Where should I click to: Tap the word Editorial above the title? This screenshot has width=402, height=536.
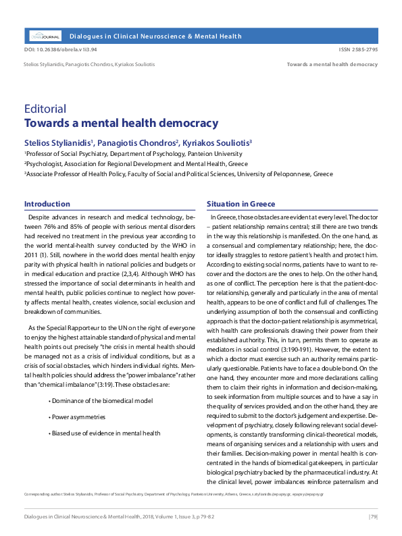[45, 109]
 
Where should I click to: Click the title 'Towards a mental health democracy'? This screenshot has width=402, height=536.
[111, 123]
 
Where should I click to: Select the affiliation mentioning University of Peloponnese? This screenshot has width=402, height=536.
[178, 173]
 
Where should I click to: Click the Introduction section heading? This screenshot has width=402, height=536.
[47, 204]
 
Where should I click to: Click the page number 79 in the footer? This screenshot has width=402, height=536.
[372, 516]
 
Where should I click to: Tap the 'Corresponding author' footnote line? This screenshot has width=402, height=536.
[172, 494]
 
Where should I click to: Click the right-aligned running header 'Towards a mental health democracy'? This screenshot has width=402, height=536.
[332, 65]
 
